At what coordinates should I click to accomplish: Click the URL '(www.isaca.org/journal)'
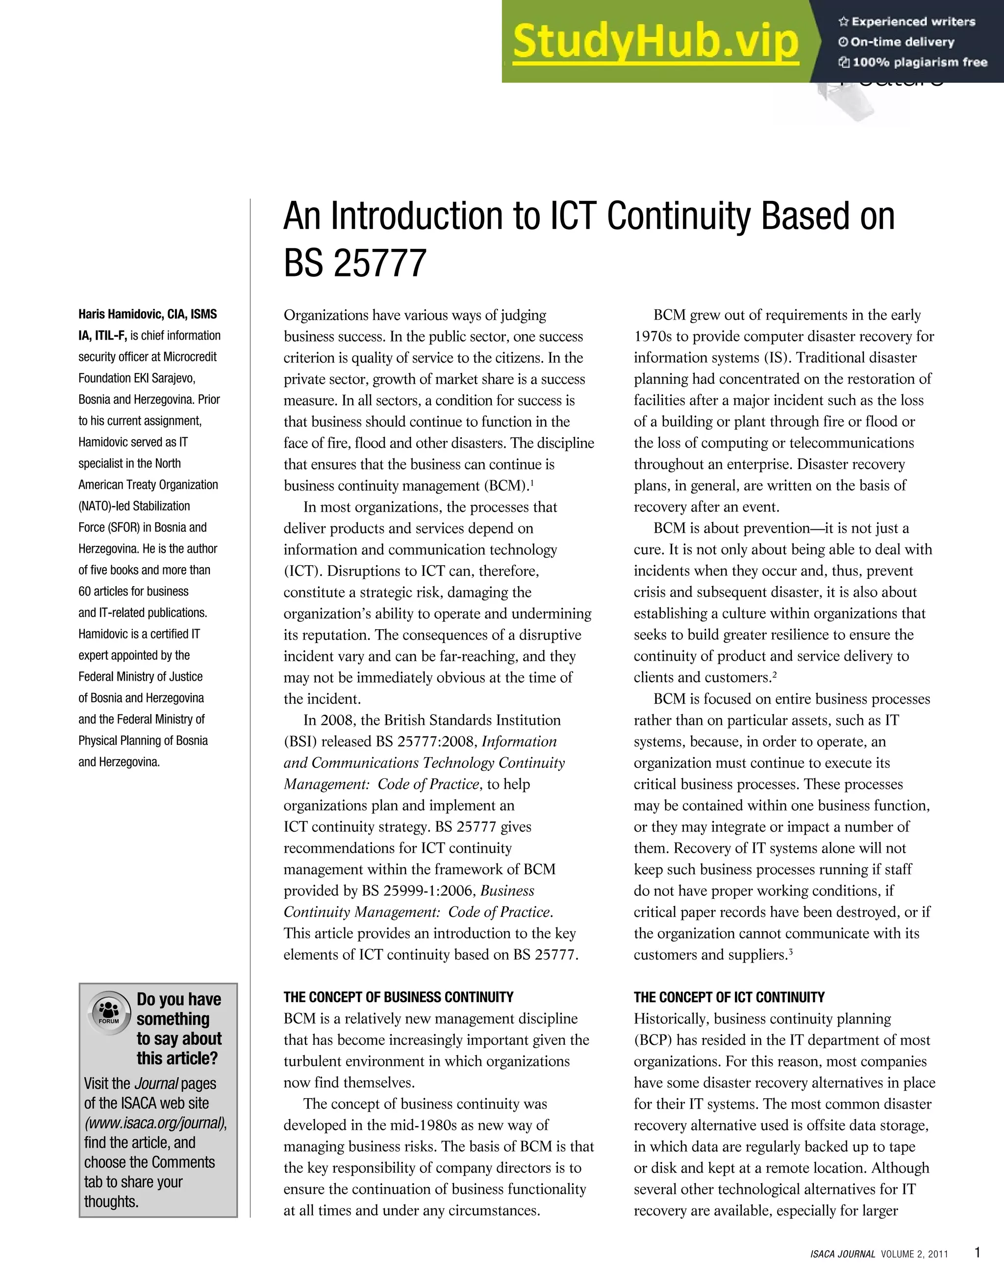[x=155, y=1123]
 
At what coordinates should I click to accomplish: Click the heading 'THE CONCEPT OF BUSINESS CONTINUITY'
[x=398, y=998]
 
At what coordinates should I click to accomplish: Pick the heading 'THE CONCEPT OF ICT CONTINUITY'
[x=729, y=998]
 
